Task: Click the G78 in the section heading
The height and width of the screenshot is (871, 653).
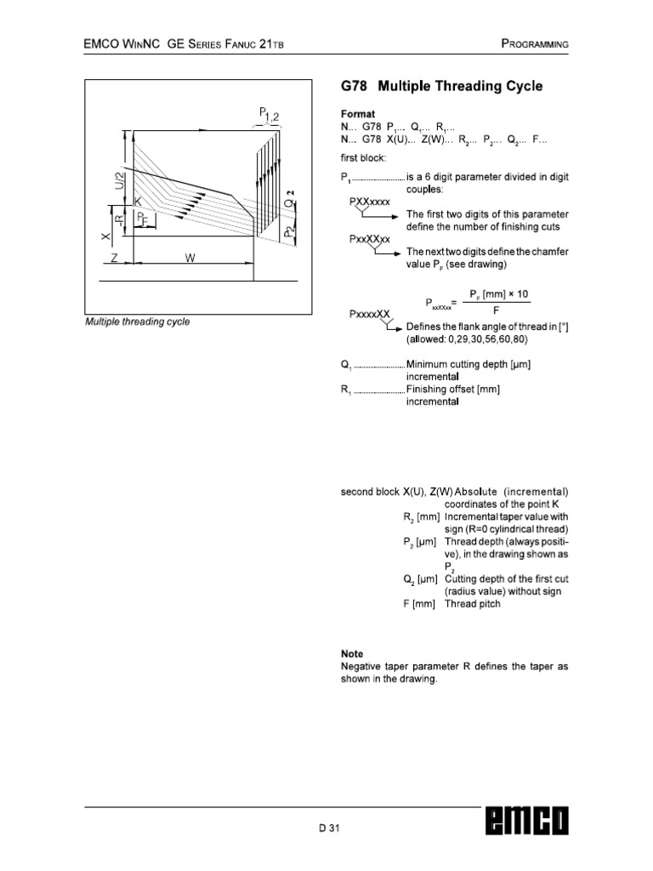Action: pos(356,87)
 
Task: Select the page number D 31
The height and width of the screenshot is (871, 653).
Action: pos(329,828)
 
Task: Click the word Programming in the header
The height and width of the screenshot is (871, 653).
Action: pos(534,43)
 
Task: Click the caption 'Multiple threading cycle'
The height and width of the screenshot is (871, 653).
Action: pos(137,322)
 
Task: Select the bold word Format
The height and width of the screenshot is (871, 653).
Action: pos(358,113)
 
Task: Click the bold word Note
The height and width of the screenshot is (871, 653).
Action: pos(352,654)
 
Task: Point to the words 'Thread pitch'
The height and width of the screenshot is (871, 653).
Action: pos(473,604)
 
